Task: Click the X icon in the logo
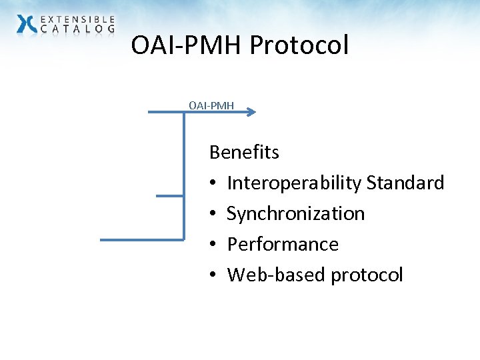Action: (x=27, y=24)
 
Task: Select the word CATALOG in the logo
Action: (x=78, y=29)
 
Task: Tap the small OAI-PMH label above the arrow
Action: (x=211, y=105)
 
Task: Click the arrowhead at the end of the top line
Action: (x=251, y=113)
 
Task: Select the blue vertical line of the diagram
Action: (x=183, y=173)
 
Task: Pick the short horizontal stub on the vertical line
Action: (x=169, y=196)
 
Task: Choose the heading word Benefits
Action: (x=244, y=153)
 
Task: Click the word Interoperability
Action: (x=294, y=183)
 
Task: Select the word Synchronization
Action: (x=296, y=214)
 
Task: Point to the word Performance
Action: (x=283, y=245)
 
